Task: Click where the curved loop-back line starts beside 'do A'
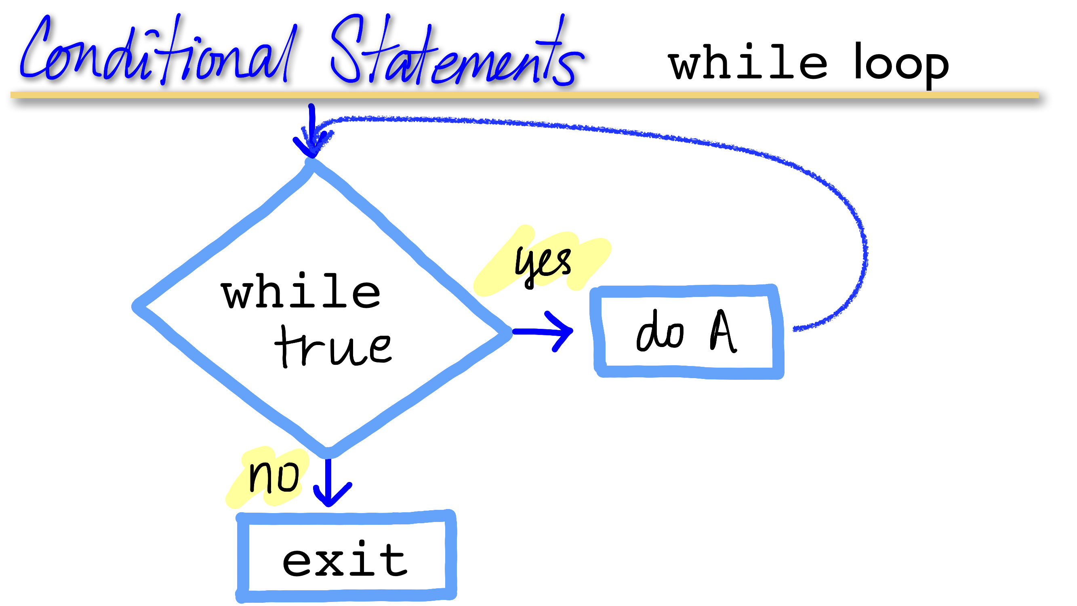(794, 330)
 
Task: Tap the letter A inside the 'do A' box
(723, 331)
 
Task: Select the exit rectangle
(346, 557)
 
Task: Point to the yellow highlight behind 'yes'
(542, 261)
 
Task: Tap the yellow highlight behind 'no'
(268, 478)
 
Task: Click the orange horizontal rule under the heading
(525, 95)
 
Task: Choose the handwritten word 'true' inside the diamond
(333, 347)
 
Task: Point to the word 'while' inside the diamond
(301, 290)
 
